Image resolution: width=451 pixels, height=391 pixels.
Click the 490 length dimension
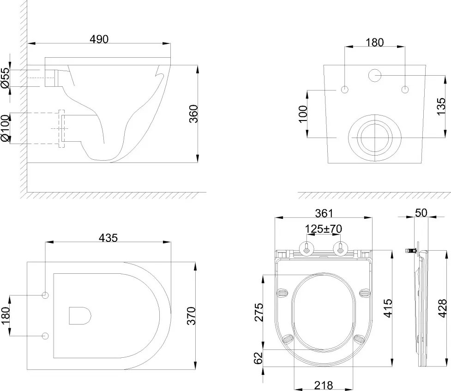click(x=99, y=39)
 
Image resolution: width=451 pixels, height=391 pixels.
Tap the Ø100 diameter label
click(x=5, y=128)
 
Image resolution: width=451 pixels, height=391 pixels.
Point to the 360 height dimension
click(x=194, y=114)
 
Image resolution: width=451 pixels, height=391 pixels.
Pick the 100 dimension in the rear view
click(x=302, y=114)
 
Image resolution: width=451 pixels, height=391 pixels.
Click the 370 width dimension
click(x=194, y=316)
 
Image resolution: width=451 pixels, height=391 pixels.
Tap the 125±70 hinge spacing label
click(x=323, y=229)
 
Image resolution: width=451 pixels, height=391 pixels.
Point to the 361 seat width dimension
click(x=323, y=213)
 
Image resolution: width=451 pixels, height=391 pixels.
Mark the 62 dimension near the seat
click(x=258, y=358)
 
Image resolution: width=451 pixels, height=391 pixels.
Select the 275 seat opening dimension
click(x=258, y=312)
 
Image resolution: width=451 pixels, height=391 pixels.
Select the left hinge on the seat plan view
click(x=306, y=248)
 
